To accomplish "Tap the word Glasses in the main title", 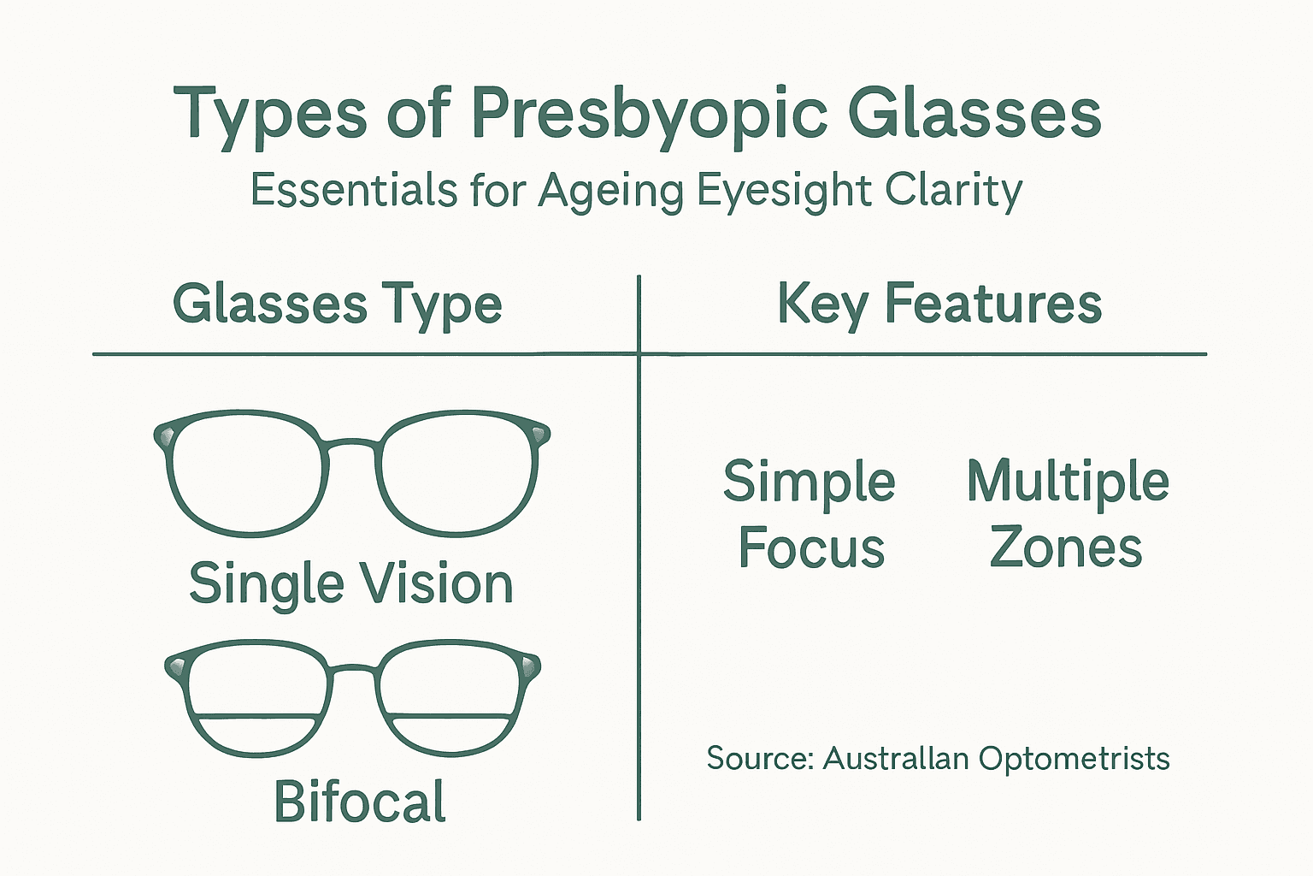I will click(x=974, y=114).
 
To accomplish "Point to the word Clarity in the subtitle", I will click(x=953, y=190).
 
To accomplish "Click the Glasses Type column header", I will click(x=338, y=305).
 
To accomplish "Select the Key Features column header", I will click(x=939, y=305).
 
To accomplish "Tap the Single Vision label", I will click(x=350, y=583).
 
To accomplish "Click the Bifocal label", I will click(x=360, y=802).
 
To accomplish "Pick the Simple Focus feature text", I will click(x=810, y=513).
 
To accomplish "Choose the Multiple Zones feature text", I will click(x=1068, y=513).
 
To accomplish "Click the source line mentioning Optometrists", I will click(x=938, y=759).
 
